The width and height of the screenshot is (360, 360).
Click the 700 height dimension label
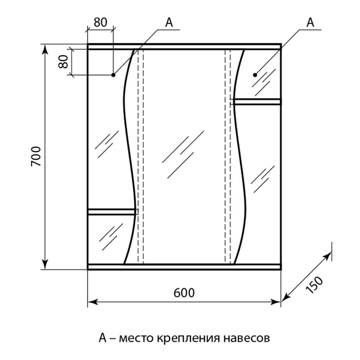(x=36, y=156)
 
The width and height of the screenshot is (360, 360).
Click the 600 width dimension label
(x=184, y=293)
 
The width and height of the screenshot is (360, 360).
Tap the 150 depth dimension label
(x=314, y=285)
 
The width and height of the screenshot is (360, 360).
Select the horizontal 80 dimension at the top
(x=100, y=22)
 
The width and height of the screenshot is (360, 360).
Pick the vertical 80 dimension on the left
(x=63, y=62)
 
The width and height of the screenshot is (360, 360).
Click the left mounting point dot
(x=113, y=75)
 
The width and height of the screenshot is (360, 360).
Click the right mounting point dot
(x=255, y=75)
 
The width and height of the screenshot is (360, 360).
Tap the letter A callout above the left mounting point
(x=169, y=22)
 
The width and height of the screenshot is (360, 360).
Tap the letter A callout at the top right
(x=310, y=22)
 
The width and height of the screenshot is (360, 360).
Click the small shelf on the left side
(x=112, y=212)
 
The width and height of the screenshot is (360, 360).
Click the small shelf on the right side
(x=257, y=102)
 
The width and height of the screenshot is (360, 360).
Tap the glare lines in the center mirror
(x=183, y=154)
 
